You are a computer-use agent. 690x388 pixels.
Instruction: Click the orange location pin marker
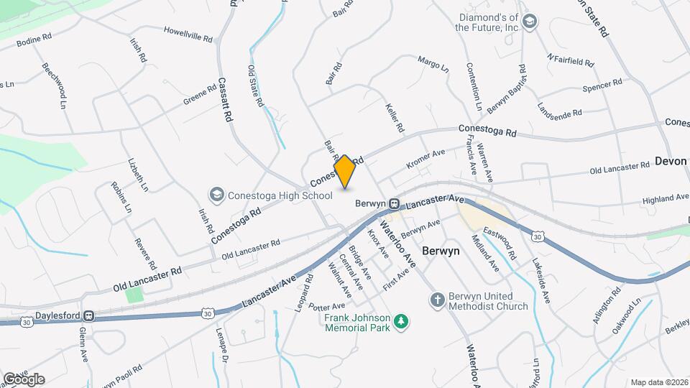click(x=345, y=172)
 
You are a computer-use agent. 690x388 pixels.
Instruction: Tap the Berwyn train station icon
click(x=395, y=204)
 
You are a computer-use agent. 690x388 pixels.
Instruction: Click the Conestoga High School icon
click(x=216, y=195)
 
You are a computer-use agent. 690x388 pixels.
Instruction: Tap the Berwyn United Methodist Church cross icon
click(x=436, y=301)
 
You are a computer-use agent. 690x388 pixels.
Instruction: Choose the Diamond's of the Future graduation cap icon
click(x=530, y=22)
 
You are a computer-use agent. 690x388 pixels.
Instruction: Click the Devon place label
click(x=671, y=162)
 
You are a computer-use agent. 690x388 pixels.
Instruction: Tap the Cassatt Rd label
click(x=226, y=99)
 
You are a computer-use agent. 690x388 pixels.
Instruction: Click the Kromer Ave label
click(x=426, y=158)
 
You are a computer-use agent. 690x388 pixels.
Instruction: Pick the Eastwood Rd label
click(x=500, y=244)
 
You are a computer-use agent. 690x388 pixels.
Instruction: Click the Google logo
click(x=23, y=379)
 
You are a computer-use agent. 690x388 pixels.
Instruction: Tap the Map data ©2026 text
click(x=659, y=382)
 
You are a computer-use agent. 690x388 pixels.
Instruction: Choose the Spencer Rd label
click(x=602, y=86)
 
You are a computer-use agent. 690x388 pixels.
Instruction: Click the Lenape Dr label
click(x=221, y=345)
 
